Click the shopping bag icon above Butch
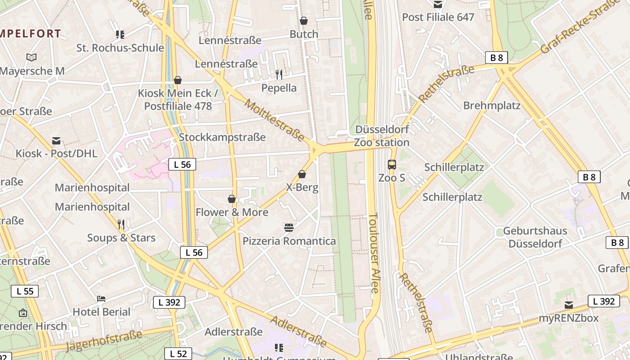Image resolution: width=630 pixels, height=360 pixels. click(304, 21)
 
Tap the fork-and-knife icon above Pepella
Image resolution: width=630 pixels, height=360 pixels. click(279, 74)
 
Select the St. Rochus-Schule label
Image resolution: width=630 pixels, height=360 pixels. click(120, 48)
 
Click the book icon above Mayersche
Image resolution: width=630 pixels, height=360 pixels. click(31, 57)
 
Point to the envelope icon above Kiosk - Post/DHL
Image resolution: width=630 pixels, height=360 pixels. click(56, 141)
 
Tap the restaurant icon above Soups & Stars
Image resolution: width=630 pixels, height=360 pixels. click(121, 224)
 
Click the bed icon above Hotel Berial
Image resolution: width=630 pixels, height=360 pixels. click(101, 299)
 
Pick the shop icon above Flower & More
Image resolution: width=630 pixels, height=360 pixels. click(232, 199)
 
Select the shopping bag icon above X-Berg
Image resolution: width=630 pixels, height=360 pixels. click(302, 174)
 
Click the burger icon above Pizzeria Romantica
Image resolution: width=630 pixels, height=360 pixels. click(289, 228)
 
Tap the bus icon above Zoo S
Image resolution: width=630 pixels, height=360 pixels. click(392, 165)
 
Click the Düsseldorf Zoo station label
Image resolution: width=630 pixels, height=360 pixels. click(382, 136)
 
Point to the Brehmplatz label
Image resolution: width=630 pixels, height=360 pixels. click(492, 106)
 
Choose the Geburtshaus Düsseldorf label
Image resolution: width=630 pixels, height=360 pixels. click(535, 237)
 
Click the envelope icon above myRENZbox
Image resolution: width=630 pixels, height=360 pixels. click(569, 305)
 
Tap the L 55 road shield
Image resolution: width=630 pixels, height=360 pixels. click(25, 291)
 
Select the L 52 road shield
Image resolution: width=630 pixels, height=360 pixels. click(178, 354)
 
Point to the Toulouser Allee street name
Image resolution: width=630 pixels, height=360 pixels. click(374, 253)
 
